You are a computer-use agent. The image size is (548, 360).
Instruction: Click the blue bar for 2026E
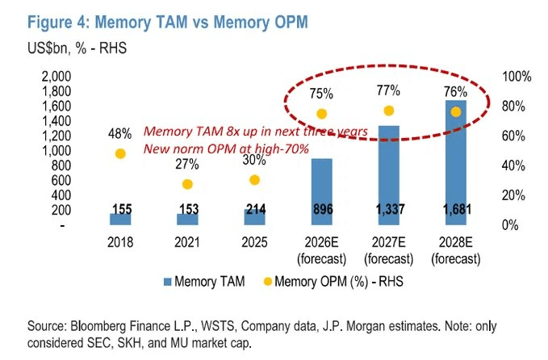coord(321,191)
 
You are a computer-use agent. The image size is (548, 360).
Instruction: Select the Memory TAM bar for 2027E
coord(389,175)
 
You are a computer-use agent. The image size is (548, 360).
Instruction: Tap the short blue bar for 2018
coord(120,219)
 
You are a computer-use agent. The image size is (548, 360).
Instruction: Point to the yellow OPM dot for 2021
coord(188,184)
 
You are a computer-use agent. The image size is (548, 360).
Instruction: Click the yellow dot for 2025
coord(254,180)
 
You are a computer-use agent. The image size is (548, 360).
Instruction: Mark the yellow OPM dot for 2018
coord(120,154)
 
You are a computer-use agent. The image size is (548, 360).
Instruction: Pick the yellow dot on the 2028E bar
coord(456,112)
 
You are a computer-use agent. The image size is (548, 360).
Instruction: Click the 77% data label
coord(388,91)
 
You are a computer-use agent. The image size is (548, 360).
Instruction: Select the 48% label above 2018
coord(120,134)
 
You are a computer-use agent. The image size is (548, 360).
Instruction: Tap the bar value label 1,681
coord(457,209)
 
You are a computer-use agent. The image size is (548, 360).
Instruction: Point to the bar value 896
coord(323,209)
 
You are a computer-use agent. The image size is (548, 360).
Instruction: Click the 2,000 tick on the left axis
coord(56,76)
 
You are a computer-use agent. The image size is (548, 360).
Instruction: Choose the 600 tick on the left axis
coord(61,180)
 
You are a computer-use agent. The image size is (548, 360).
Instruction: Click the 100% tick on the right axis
coord(517,76)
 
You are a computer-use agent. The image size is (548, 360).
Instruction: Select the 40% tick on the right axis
coord(513,165)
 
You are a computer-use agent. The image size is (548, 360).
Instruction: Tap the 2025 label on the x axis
coord(254,242)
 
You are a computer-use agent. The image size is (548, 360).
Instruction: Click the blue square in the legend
coord(168,282)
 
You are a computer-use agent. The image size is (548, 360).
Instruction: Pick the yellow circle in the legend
coord(268,282)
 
